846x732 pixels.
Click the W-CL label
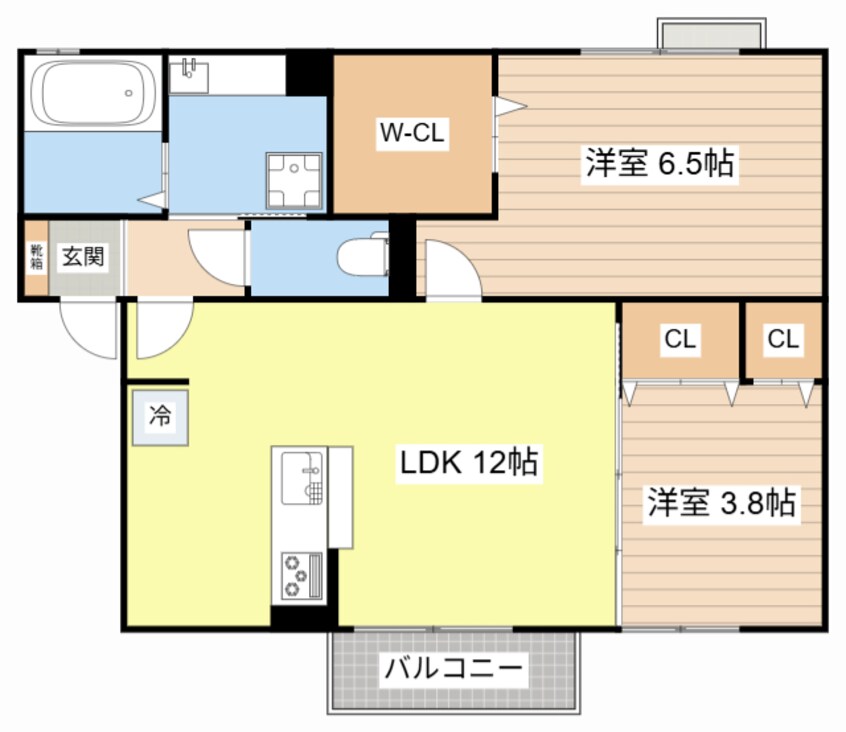tap(411, 133)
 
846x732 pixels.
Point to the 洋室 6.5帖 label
tap(659, 164)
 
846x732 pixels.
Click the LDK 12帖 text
tap(469, 462)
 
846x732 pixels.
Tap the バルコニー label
tap(454, 668)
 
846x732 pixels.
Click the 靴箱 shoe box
tap(36, 257)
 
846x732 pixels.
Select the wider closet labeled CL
tap(680, 340)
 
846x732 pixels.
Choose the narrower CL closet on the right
tap(783, 340)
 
